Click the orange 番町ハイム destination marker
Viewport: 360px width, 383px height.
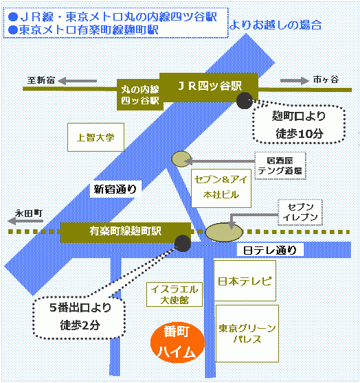pyautogui.click(x=177, y=343)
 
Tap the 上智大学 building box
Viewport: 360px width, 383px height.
pyautogui.click(x=95, y=137)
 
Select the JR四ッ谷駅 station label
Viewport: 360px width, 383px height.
pyautogui.click(x=209, y=87)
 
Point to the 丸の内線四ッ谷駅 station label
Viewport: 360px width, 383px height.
pyautogui.click(x=139, y=95)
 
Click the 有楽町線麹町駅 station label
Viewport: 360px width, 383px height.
pyautogui.click(x=126, y=232)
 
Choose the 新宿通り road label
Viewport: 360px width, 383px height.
pyautogui.click(x=115, y=189)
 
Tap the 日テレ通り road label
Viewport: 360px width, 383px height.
pyautogui.click(x=270, y=250)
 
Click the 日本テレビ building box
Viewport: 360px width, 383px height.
pyautogui.click(x=245, y=281)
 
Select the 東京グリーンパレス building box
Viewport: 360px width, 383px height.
pyautogui.click(x=247, y=334)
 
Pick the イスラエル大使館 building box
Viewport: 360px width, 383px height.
pyautogui.click(x=175, y=294)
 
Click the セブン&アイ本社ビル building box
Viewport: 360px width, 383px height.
pyautogui.click(x=221, y=188)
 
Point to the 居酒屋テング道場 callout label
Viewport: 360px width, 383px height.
pyautogui.click(x=280, y=165)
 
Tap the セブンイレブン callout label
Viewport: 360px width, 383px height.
pyautogui.click(x=300, y=212)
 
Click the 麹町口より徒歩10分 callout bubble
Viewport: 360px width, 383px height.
pyautogui.click(x=299, y=124)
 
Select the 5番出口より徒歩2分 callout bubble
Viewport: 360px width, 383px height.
pyautogui.click(x=80, y=317)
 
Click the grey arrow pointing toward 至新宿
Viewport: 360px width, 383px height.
pyautogui.click(x=77, y=81)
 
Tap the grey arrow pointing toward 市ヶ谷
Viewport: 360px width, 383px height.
pyautogui.click(x=295, y=80)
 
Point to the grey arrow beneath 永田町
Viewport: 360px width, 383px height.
pyautogui.click(x=25, y=221)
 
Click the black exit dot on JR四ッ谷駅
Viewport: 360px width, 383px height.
pyautogui.click(x=244, y=100)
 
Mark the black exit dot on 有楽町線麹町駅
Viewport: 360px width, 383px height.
pyautogui.click(x=183, y=243)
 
